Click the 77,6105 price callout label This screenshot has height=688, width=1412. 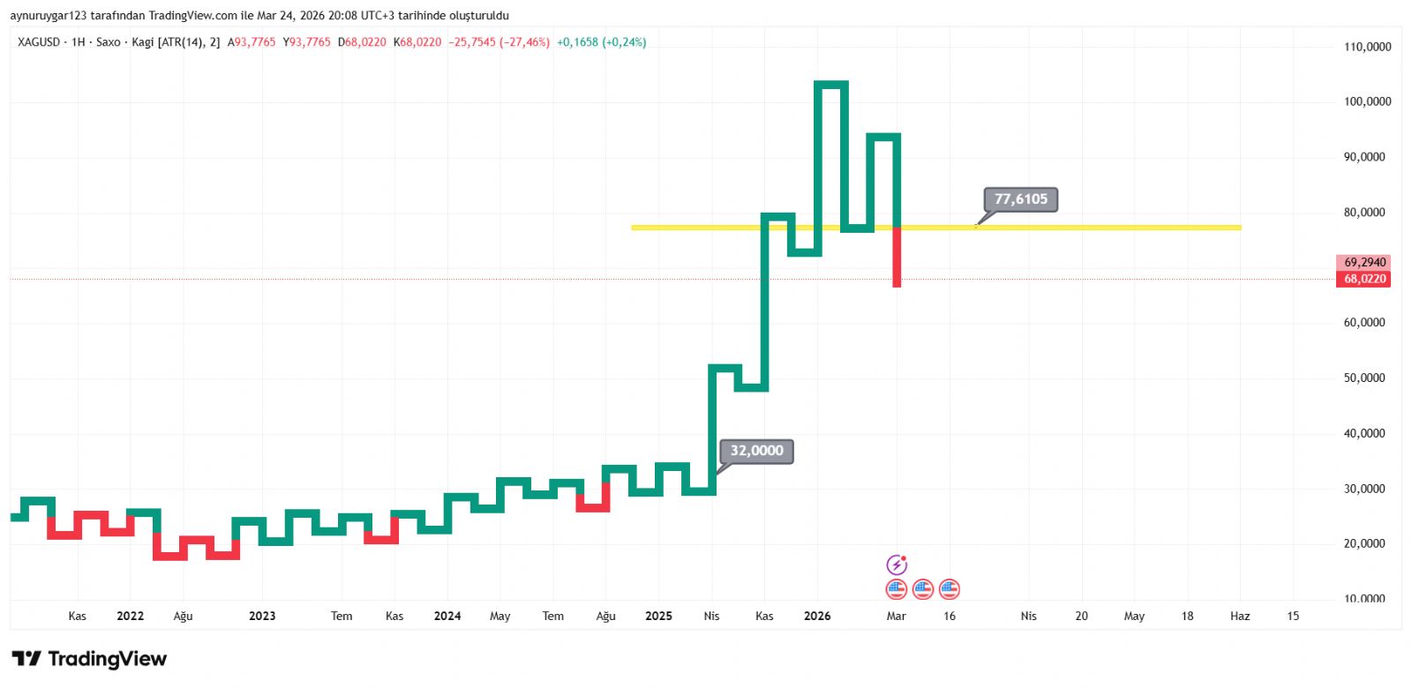[1020, 199]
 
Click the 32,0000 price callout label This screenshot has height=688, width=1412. [756, 451]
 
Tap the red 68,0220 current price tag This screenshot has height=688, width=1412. [1364, 279]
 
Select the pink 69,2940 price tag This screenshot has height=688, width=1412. [1364, 262]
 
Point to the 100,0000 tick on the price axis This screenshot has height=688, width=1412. [1367, 101]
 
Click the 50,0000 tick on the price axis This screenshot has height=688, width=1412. [1364, 378]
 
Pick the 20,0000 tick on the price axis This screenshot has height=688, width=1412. [1364, 543]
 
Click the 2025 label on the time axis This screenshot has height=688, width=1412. [658, 616]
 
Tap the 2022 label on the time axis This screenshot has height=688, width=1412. [130, 616]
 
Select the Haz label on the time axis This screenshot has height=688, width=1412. [1240, 616]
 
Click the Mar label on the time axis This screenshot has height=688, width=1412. [896, 616]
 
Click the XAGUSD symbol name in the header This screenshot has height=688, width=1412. [39, 42]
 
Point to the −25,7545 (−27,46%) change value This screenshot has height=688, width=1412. [499, 42]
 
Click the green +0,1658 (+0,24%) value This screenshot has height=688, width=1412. [601, 42]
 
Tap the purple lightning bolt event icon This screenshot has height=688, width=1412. [897, 565]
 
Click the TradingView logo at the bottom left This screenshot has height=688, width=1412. [89, 659]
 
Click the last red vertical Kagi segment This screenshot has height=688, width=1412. [897, 257]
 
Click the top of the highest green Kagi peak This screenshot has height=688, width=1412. [831, 84]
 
